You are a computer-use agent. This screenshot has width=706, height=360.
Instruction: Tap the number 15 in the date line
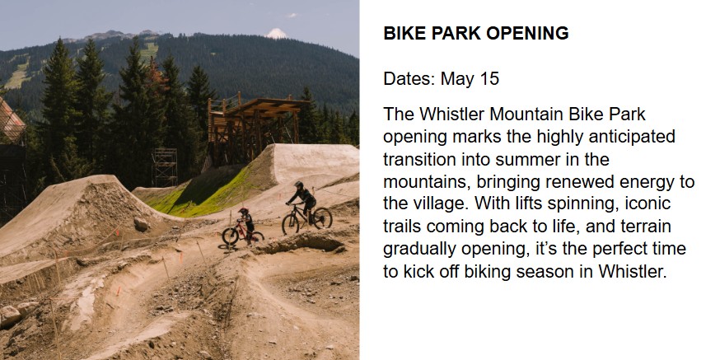point(489,78)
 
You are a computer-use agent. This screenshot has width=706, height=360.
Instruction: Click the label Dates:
point(409,78)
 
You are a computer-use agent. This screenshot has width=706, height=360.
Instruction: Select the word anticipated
point(632,138)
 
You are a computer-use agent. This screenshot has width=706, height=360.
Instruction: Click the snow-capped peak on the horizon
point(276,34)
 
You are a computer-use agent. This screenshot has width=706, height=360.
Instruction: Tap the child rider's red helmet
point(244,211)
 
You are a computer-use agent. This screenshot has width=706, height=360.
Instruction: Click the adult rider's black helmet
point(298,184)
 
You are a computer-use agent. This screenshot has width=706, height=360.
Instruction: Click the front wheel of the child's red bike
point(230,236)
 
